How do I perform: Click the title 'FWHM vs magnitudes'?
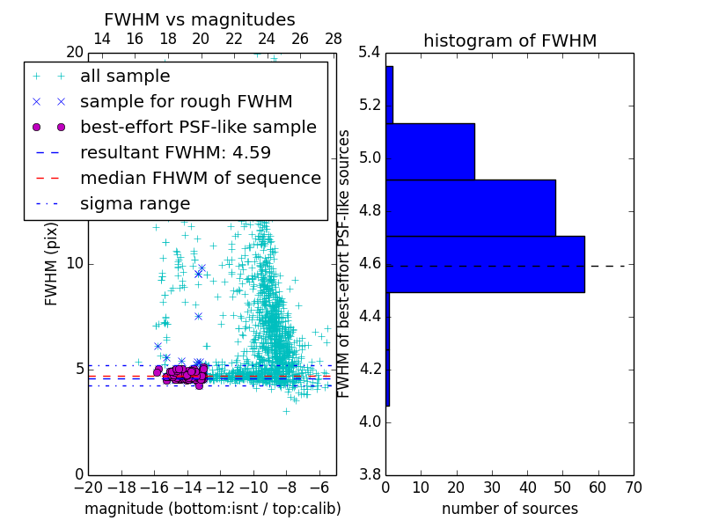click(x=200, y=19)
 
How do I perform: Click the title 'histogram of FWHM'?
click(x=510, y=40)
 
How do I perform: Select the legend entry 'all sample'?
click(x=125, y=77)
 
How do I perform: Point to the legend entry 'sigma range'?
click(x=135, y=203)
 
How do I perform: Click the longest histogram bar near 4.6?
click(x=485, y=264)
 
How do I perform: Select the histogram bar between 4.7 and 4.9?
click(x=471, y=208)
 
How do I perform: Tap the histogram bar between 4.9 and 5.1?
click(x=430, y=151)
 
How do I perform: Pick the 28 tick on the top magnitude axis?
click(x=334, y=39)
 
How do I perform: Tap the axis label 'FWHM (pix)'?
click(x=51, y=264)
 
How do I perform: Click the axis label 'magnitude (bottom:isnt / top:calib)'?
click(x=212, y=509)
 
